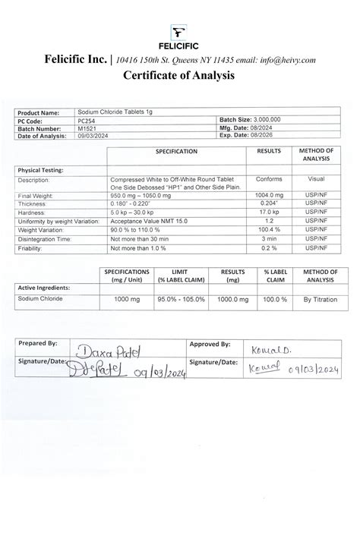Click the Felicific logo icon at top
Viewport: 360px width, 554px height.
click(x=180, y=31)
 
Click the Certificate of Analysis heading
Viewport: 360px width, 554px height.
click(x=180, y=76)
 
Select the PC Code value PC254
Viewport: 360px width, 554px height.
click(x=87, y=120)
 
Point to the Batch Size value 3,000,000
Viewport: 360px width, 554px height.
click(x=263, y=120)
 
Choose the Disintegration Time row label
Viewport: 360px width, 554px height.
click(x=45, y=238)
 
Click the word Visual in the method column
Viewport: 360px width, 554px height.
click(x=316, y=180)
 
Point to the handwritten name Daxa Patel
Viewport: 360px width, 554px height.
click(x=114, y=351)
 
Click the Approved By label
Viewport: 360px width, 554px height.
click(x=210, y=344)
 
